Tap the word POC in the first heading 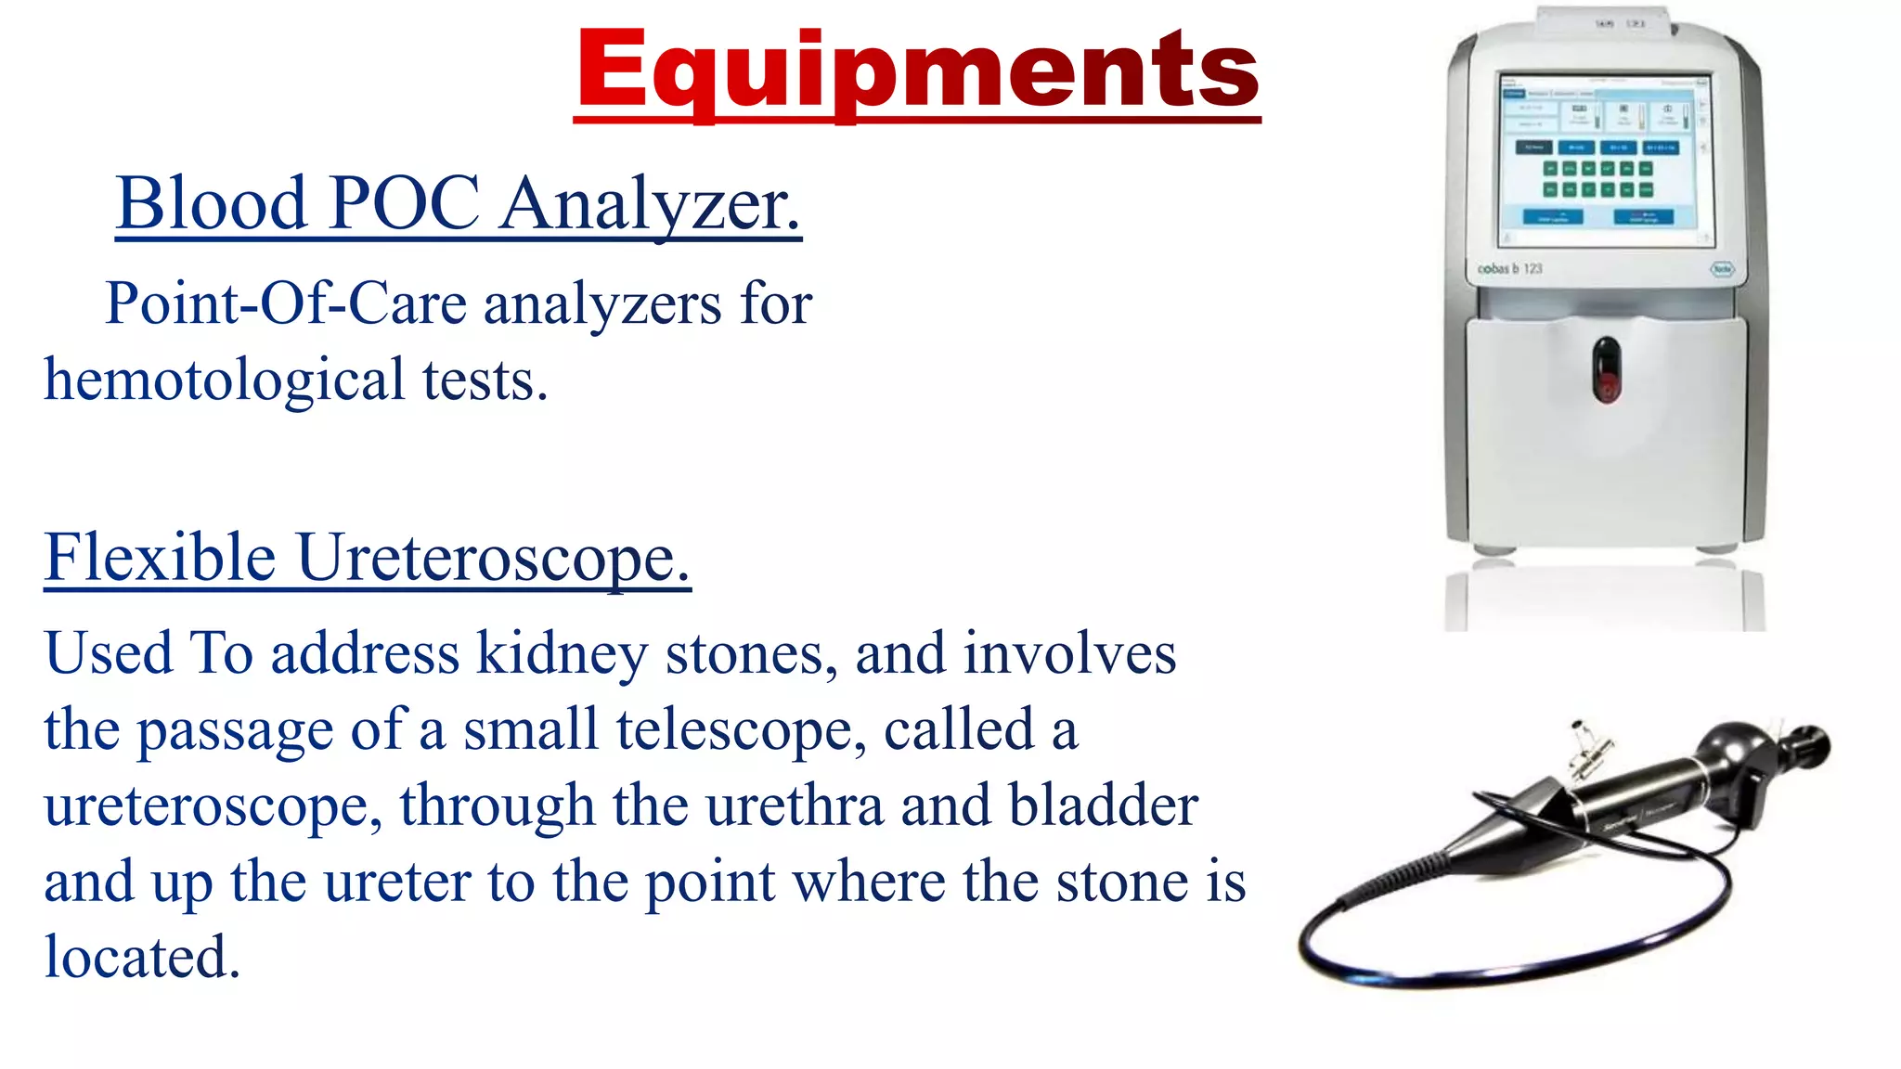point(404,203)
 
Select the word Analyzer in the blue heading point(649,203)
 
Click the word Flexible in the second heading point(160,558)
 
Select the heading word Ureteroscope point(493,560)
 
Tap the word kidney point(562,654)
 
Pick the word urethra point(795,805)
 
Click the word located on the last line point(142,957)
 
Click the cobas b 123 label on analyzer point(1509,269)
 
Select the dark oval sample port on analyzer point(1606,369)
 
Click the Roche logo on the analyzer point(1722,269)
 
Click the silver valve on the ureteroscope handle point(1589,752)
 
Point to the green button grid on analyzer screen point(1597,179)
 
